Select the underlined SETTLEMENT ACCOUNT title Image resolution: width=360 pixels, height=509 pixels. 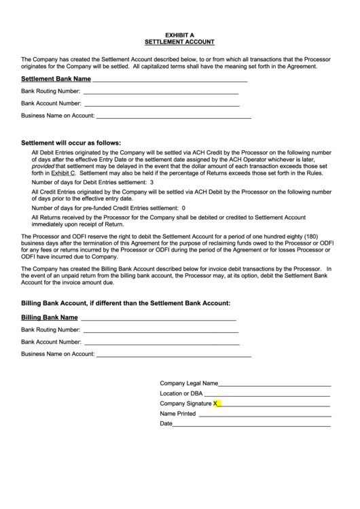(x=180, y=41)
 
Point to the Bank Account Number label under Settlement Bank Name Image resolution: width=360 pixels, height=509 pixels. (x=51, y=104)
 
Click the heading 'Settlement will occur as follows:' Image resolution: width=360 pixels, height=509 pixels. (x=71, y=143)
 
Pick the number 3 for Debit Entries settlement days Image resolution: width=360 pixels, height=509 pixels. (x=151, y=183)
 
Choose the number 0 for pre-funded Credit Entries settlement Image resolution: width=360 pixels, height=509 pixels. (x=183, y=208)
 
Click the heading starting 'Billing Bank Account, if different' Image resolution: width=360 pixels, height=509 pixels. (x=126, y=302)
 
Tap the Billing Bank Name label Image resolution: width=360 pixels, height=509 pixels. (x=49, y=317)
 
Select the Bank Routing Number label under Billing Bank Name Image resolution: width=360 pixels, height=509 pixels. (x=51, y=330)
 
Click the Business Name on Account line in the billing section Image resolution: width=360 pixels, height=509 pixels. (x=174, y=355)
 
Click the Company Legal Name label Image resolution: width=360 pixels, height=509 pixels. (x=189, y=383)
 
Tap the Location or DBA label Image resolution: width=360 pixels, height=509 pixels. (x=181, y=393)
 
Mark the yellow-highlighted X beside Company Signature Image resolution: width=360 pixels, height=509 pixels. (x=216, y=404)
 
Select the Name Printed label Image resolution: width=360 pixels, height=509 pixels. (x=177, y=413)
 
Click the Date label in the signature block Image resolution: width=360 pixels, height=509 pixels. (x=166, y=423)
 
